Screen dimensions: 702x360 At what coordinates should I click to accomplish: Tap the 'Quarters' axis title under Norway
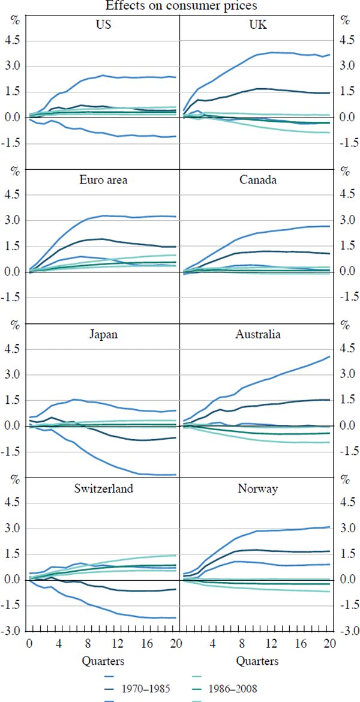coord(257,661)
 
